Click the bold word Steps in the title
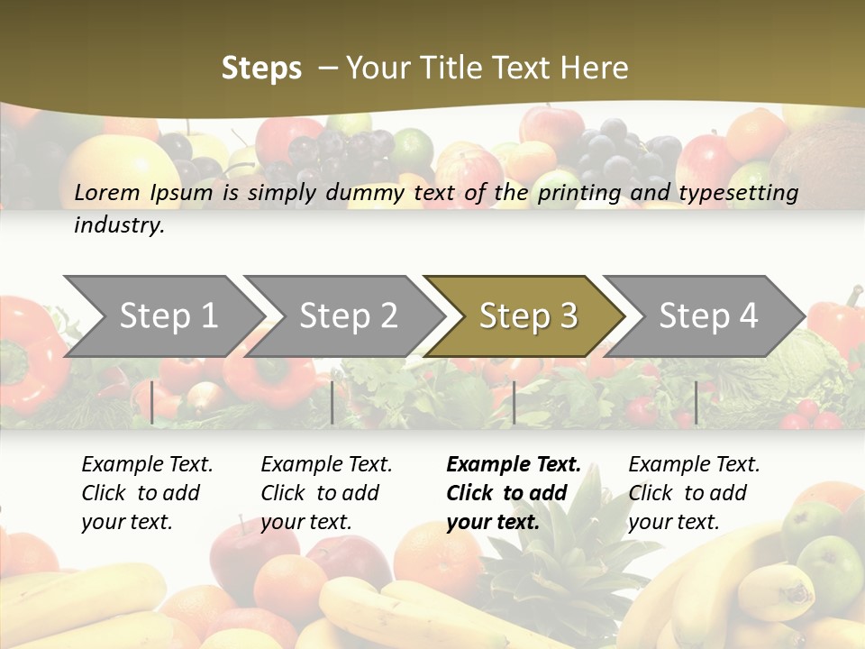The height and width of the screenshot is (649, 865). (x=261, y=69)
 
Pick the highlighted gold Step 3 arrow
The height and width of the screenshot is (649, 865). (x=528, y=316)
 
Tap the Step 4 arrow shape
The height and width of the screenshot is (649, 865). (x=708, y=316)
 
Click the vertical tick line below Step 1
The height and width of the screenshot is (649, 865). (x=152, y=402)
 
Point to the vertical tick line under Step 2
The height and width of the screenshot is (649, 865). (x=332, y=402)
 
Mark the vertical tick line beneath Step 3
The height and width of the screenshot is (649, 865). (x=514, y=402)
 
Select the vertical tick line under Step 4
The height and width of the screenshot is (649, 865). (x=696, y=402)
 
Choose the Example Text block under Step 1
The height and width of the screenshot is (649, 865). (x=147, y=493)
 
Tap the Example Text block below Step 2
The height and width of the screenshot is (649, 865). (x=326, y=493)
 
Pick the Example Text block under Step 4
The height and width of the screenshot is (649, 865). (x=694, y=493)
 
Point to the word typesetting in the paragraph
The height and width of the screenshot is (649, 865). (x=740, y=193)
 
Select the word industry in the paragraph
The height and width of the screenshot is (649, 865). (x=119, y=225)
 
